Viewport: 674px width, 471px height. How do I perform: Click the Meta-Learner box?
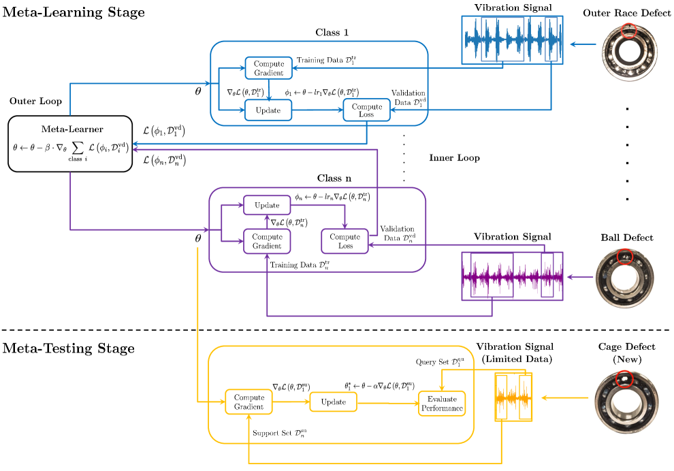coord(70,144)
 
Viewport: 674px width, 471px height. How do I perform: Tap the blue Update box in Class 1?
coord(268,110)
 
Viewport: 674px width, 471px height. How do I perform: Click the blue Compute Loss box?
coord(367,110)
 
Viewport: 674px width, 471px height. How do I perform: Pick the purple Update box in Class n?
coord(266,206)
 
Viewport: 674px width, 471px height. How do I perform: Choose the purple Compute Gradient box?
coord(266,241)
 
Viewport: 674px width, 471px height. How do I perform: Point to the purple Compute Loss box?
coord(345,241)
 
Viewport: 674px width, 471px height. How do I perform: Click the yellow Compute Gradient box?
coord(248,402)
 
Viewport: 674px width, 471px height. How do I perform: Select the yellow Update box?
coord(334,402)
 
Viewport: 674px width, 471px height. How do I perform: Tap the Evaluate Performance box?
coord(442,403)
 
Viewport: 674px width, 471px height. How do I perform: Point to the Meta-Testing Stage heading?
coord(69,348)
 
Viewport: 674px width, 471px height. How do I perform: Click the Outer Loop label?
coord(35,101)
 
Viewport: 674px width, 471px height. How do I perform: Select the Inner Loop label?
coord(454,158)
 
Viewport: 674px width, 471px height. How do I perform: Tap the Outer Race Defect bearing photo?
coord(628,53)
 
